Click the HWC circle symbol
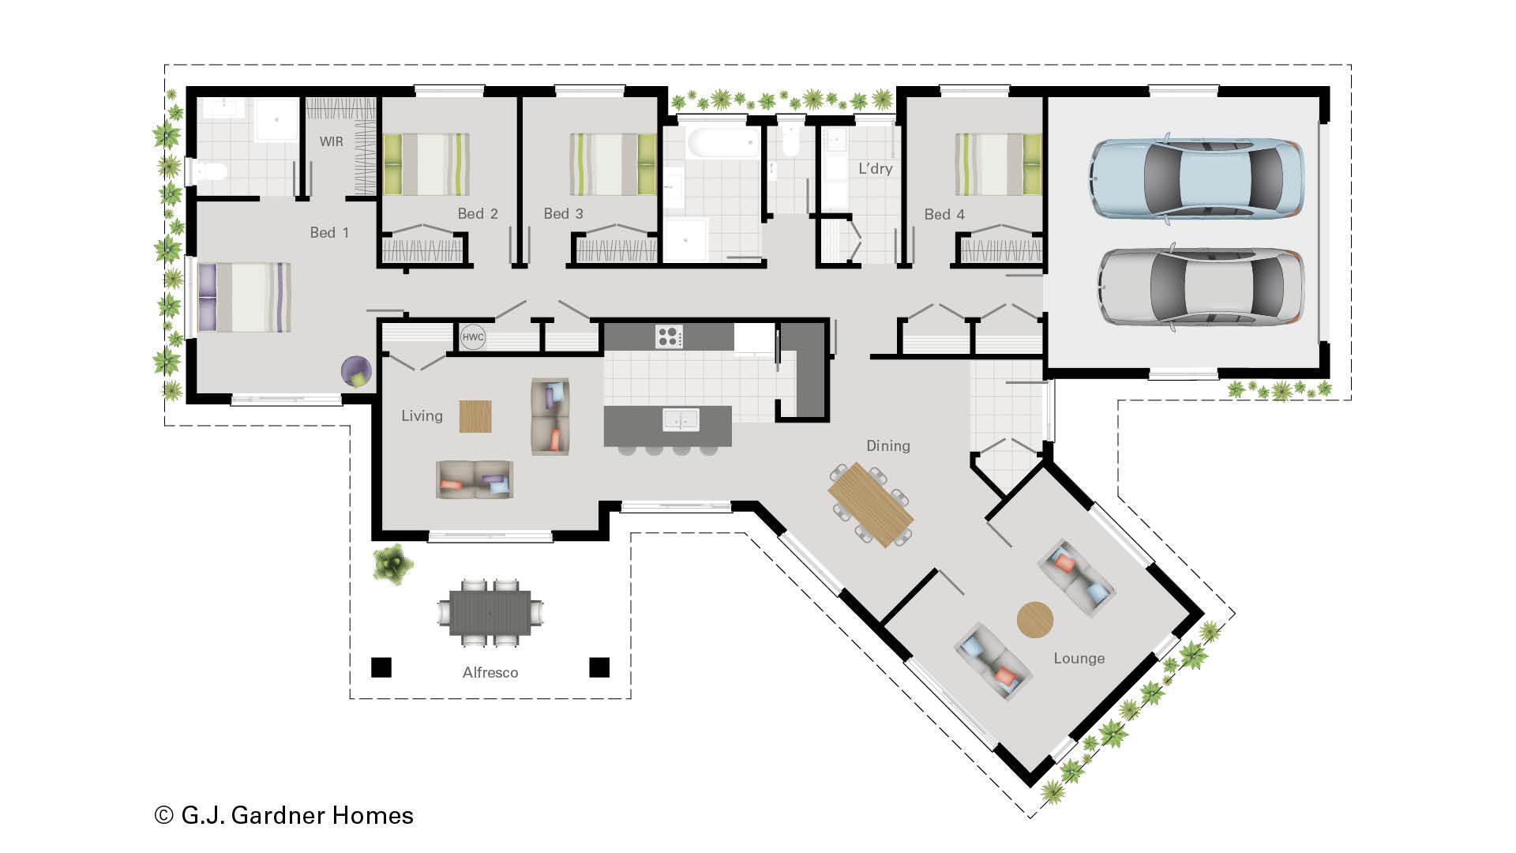tap(473, 337)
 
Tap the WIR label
tap(331, 141)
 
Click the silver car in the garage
tap(1200, 287)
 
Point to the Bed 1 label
tap(328, 232)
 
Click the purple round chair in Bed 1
tap(356, 370)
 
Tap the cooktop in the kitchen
tap(668, 336)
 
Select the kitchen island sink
tap(681, 419)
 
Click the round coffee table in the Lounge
tap(1034, 619)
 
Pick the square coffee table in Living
tap(475, 416)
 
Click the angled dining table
tap(870, 504)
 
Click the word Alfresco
tap(490, 672)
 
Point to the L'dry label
tap(875, 168)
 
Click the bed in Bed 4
tap(998, 164)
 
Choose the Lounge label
tap(1079, 658)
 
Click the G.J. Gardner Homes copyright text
tap(284, 815)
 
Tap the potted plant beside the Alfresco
tap(392, 564)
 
